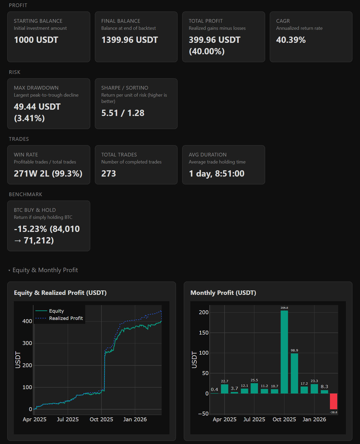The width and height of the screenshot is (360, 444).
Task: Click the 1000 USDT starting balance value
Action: [36, 40]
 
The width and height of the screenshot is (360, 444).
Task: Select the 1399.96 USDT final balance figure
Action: [130, 40]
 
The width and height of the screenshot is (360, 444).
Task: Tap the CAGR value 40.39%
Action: [291, 40]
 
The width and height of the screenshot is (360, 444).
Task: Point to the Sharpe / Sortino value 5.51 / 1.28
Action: [123, 113]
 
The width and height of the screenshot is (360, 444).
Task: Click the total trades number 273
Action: [108, 174]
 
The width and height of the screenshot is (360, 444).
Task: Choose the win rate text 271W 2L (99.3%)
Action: [48, 174]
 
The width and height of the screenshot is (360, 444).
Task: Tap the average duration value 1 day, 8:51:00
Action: [216, 174]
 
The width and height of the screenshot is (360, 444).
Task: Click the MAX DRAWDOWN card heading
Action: [36, 88]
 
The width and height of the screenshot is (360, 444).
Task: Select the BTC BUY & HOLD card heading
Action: [35, 210]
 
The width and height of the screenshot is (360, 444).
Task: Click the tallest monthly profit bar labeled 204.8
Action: [284, 353]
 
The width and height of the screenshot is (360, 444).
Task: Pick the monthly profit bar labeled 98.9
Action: [294, 373]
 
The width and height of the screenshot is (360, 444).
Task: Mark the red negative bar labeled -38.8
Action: [333, 401]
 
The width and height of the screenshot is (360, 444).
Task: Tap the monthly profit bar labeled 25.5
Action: [254, 388]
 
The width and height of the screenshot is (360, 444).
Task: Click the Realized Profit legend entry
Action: [66, 318]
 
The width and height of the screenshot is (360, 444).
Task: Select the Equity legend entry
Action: [56, 311]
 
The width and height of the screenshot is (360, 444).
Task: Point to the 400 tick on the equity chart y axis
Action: [27, 321]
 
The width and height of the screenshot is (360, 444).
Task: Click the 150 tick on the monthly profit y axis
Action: [204, 333]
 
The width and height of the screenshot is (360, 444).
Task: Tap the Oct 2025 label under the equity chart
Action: [101, 419]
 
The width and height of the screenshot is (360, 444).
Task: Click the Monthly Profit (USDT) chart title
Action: [223, 293]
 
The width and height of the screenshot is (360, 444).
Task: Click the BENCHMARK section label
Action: [26, 194]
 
